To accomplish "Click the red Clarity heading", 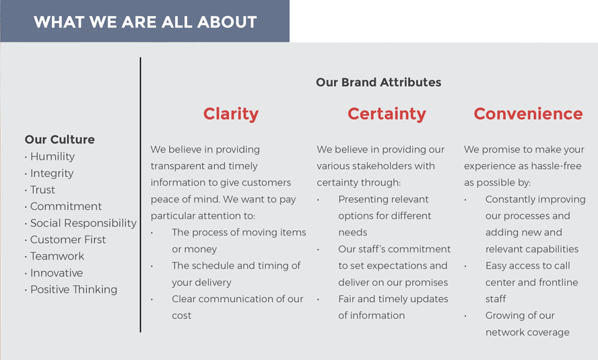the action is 231,114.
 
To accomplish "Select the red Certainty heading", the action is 387,114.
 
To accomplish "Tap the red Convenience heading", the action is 528,114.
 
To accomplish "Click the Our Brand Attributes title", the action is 378,82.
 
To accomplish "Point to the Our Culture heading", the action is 59,139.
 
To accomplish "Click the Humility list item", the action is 53,157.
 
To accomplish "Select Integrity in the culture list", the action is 52,174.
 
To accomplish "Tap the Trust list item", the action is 42,190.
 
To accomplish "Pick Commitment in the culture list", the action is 66,207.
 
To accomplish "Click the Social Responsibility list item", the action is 83,223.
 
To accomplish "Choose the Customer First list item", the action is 68,240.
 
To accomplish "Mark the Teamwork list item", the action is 57,256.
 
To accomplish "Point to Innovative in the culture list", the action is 57,273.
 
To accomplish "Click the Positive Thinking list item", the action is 73,289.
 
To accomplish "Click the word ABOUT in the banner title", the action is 227,22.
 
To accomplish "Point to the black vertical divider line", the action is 140,194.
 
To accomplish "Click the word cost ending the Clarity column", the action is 182,316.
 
